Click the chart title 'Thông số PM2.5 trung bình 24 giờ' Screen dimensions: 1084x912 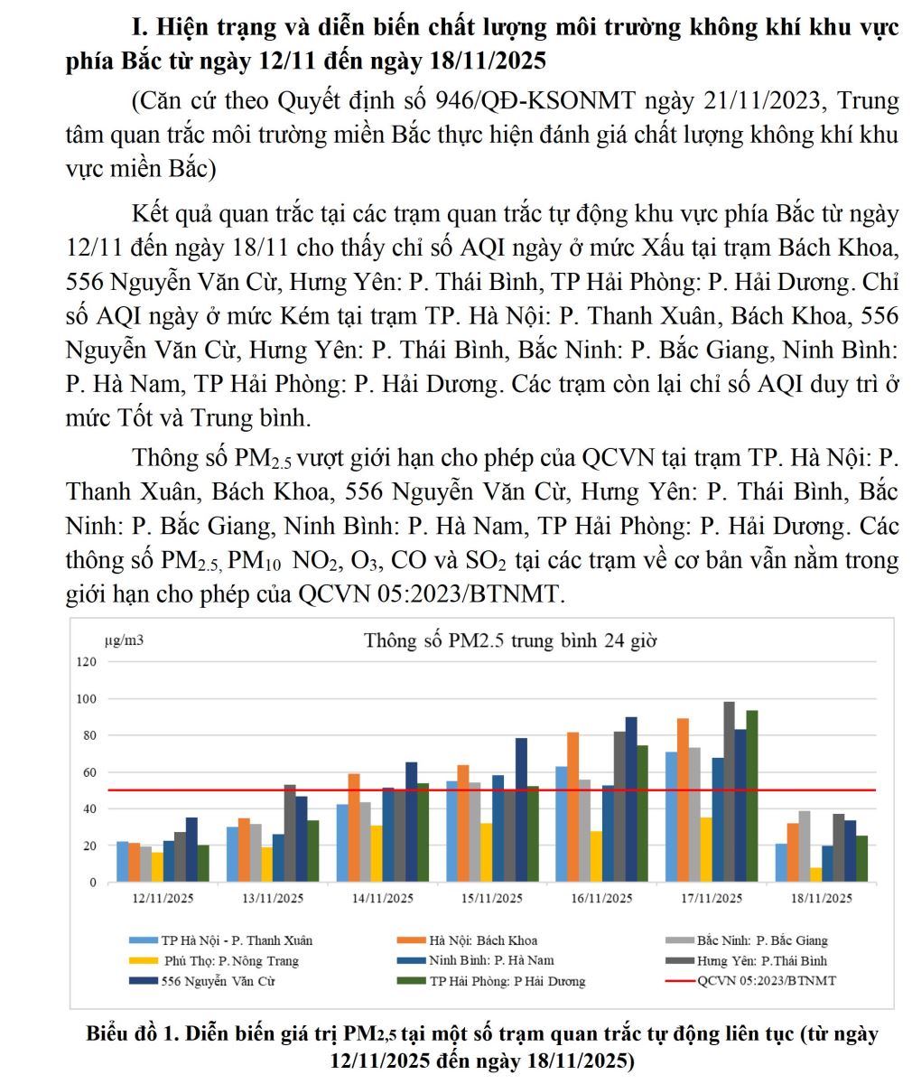(x=510, y=641)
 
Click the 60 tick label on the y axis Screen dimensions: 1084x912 (x=88, y=772)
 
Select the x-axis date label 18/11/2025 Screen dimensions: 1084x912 (x=822, y=899)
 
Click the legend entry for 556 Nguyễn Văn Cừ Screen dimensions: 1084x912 (x=218, y=981)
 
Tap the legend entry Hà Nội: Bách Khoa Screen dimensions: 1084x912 (x=482, y=940)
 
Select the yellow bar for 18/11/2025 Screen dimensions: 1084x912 (x=816, y=874)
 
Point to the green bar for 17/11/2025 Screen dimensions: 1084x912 (x=751, y=796)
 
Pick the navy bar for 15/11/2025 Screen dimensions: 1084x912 (x=522, y=809)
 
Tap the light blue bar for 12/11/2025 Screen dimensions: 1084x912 (x=123, y=862)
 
